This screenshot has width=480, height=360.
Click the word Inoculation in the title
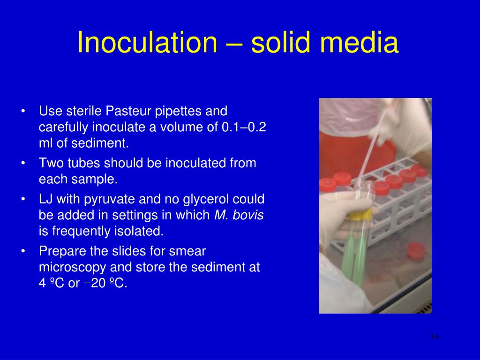point(145,42)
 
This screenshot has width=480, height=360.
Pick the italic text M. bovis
point(239,215)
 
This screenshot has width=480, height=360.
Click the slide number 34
point(434,337)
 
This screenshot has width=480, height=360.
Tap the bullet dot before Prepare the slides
point(23,252)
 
